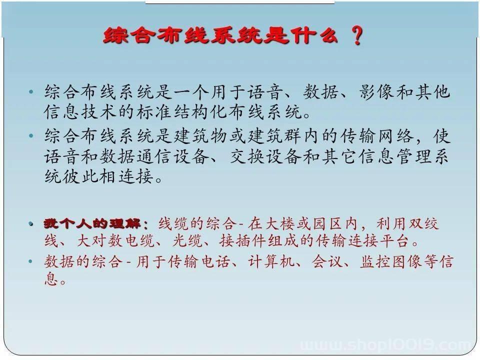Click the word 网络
pyautogui.click(x=395, y=135)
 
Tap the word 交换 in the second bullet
pyautogui.click(x=247, y=156)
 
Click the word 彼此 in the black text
pyautogui.click(x=80, y=176)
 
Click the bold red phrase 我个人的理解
pyautogui.click(x=91, y=224)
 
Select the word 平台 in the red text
pyautogui.click(x=394, y=240)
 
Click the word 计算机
pyautogui.click(x=270, y=261)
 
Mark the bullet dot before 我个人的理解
pyautogui.click(x=31, y=224)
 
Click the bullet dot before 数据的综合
pyautogui.click(x=30, y=261)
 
